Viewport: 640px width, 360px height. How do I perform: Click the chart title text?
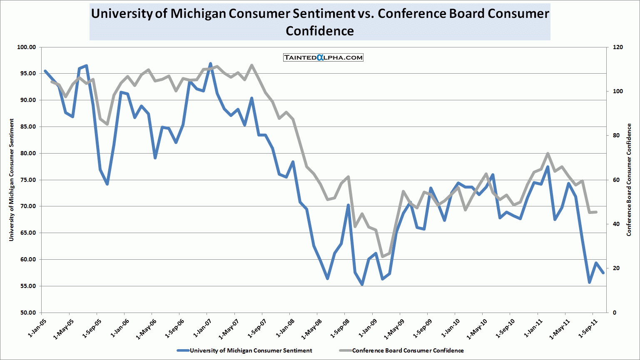(x=320, y=22)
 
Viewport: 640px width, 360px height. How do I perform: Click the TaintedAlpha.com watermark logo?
(x=323, y=57)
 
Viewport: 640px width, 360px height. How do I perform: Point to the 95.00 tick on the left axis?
(x=27, y=74)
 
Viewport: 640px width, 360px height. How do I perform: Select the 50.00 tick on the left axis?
(x=27, y=313)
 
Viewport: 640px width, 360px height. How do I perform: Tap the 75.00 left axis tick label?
(x=27, y=180)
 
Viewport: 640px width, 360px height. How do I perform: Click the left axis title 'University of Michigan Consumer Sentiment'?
(x=12, y=180)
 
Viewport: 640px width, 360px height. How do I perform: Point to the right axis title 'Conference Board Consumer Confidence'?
(x=629, y=180)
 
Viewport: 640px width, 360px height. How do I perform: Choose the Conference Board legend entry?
(x=408, y=350)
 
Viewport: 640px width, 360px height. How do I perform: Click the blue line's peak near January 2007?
(x=210, y=64)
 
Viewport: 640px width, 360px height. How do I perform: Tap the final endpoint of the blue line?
(x=603, y=273)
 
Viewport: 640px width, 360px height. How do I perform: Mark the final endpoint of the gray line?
(x=596, y=212)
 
